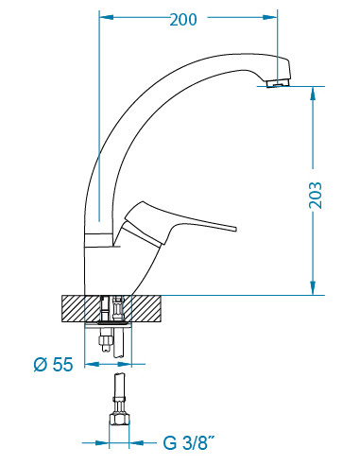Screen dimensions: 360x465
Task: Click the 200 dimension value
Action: click(183, 20)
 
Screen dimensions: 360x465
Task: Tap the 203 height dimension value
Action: click(316, 196)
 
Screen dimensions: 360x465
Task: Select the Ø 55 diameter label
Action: click(53, 365)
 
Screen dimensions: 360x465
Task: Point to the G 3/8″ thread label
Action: click(189, 443)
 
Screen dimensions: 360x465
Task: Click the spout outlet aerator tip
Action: click(277, 84)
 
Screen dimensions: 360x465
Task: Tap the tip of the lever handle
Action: click(235, 229)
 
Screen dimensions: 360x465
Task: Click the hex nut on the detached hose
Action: click(119, 419)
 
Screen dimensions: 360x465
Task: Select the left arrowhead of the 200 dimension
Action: click(107, 18)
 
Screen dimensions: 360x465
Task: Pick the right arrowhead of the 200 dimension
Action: click(270, 18)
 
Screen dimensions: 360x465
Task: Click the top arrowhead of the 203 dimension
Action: click(313, 94)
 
